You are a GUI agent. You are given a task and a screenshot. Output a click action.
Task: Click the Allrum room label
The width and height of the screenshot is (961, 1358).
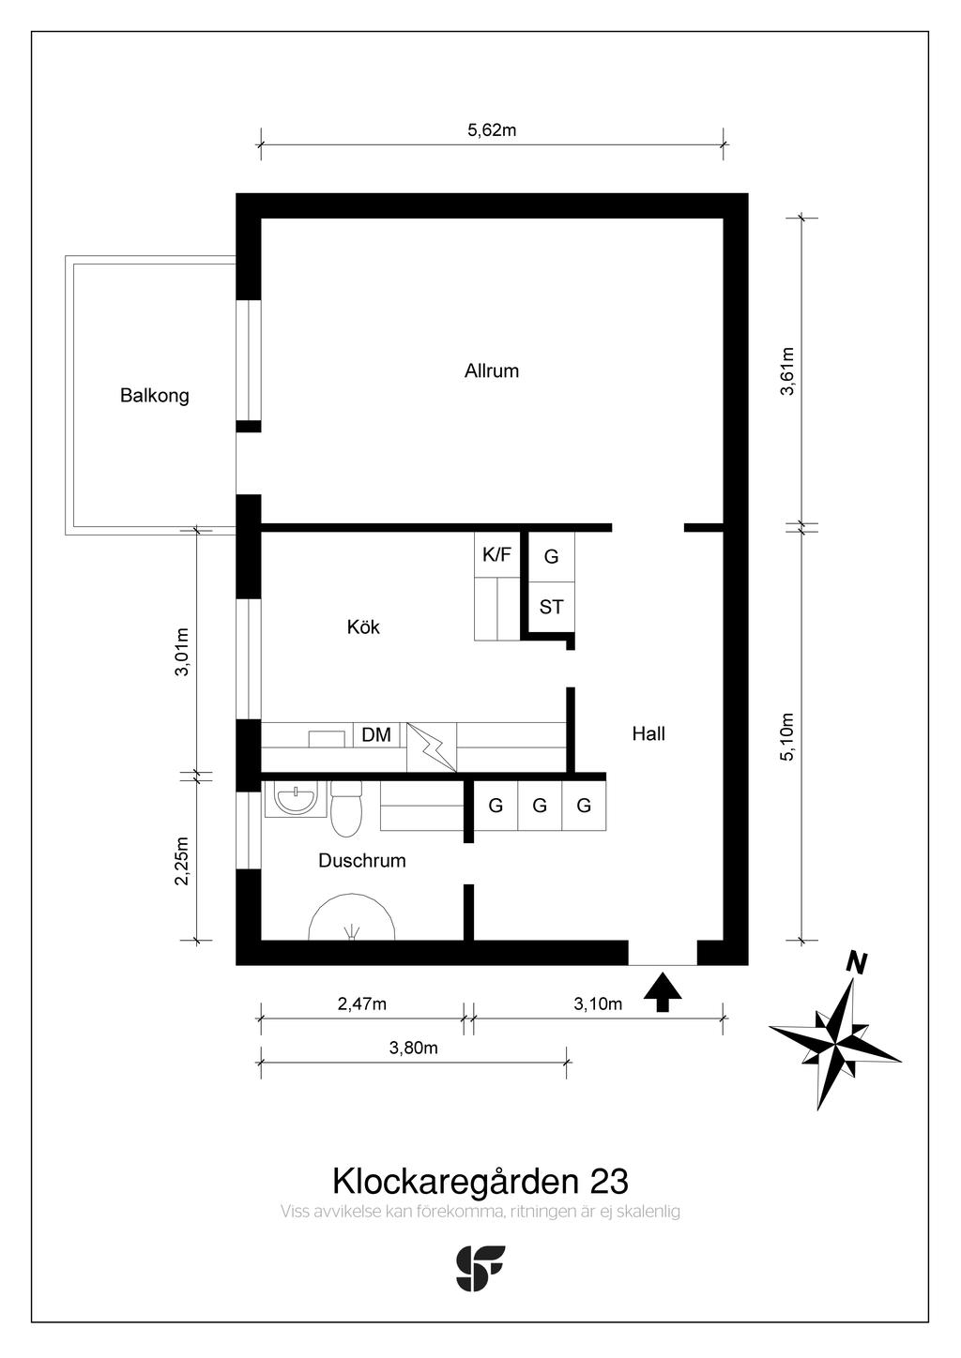pyautogui.click(x=492, y=371)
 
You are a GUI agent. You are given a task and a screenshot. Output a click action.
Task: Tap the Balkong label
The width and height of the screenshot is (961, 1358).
pyautogui.click(x=155, y=396)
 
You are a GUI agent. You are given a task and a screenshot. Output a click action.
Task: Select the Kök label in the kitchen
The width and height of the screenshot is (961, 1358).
pyautogui.click(x=363, y=626)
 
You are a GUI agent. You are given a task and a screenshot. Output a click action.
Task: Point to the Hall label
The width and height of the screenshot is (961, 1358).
pyautogui.click(x=648, y=734)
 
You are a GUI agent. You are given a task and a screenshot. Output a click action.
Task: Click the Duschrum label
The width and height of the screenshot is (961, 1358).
pyautogui.click(x=362, y=861)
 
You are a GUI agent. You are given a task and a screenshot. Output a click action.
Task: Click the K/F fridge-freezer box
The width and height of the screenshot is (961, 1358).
pyautogui.click(x=496, y=554)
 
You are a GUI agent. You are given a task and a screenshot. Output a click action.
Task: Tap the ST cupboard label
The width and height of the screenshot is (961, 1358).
pyautogui.click(x=552, y=607)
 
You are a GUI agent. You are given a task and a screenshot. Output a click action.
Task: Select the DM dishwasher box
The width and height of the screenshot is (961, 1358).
pyautogui.click(x=376, y=734)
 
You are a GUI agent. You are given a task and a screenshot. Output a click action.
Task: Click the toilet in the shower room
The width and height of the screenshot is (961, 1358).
pyautogui.click(x=346, y=809)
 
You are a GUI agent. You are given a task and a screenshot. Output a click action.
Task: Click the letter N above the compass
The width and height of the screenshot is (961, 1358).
pyautogui.click(x=857, y=963)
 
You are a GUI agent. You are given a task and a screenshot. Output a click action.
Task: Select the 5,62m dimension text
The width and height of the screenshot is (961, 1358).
pyautogui.click(x=492, y=130)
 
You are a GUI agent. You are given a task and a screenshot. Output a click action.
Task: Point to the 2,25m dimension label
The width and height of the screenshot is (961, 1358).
pyautogui.click(x=182, y=862)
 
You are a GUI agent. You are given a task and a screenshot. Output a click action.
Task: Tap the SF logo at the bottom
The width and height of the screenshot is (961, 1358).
pyautogui.click(x=480, y=1268)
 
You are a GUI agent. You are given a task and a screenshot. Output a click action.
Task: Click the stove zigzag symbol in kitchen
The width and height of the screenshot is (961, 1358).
pyautogui.click(x=432, y=747)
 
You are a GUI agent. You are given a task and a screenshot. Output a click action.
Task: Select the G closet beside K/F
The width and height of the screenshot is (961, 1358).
pyautogui.click(x=552, y=556)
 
